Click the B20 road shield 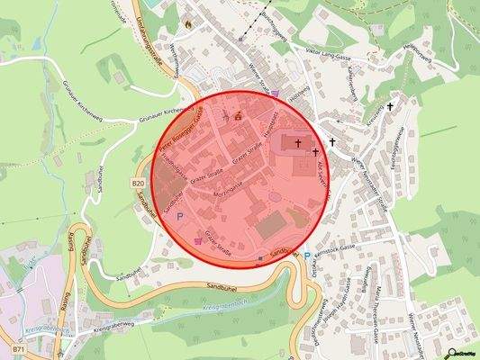(138, 184)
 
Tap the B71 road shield (19, 346)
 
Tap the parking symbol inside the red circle (178, 217)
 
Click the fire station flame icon (188, 23)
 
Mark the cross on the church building (297, 141)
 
